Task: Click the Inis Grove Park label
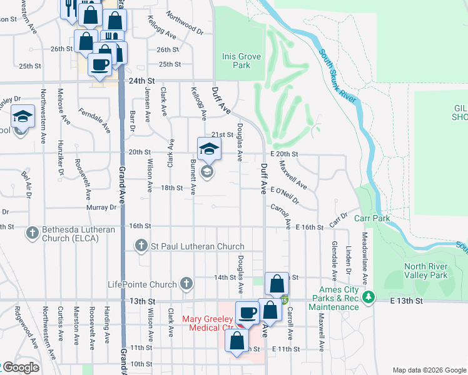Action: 236,61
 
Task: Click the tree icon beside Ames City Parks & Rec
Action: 369,296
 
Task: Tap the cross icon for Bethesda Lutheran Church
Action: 33,233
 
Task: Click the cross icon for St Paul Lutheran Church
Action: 141,246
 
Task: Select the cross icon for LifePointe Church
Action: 185,284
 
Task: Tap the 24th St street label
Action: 141,81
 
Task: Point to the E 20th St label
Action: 285,154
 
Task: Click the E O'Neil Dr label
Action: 285,194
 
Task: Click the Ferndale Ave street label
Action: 94,121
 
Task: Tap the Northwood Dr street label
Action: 185,22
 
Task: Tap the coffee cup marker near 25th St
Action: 99,64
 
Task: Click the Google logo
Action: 20,368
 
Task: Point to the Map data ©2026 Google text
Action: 429,369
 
